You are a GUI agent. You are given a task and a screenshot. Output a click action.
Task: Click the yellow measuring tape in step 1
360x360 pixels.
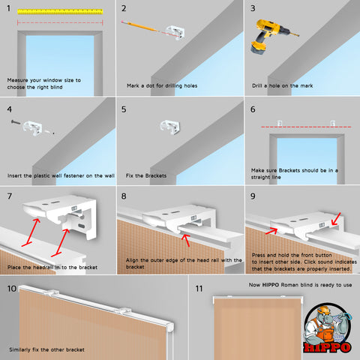pyautogui.click(x=60, y=11)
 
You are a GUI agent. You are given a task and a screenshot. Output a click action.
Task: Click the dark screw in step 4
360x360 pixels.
pyautogui.click(x=16, y=122)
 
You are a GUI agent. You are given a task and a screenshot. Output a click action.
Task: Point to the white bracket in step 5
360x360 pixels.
pyautogui.click(x=170, y=127)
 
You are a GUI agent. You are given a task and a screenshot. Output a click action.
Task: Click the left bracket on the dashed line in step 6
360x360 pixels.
pyautogui.click(x=280, y=123)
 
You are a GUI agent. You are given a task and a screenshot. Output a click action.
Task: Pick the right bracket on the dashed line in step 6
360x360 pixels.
pyautogui.click(x=332, y=123)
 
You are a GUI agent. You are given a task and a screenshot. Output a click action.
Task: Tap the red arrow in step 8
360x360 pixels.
pyautogui.click(x=186, y=240)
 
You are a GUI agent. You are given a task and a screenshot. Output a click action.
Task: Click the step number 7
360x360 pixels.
pyautogui.click(x=10, y=196)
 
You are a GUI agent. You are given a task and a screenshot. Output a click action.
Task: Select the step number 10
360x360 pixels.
pyautogui.click(x=12, y=289)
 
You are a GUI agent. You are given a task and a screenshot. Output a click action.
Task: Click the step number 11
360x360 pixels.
pyautogui.click(x=199, y=289)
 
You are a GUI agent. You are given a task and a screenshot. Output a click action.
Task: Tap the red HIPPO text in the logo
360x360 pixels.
pyautogui.click(x=327, y=347)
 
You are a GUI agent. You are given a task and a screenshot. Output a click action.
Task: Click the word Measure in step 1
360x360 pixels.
pyautogui.click(x=17, y=80)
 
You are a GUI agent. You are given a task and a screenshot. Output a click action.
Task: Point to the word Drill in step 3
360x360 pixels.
pyautogui.click(x=257, y=85)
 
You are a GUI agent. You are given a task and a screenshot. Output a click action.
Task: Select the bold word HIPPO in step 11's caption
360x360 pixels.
pyautogui.click(x=271, y=285)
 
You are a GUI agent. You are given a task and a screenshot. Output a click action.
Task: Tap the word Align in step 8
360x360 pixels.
pyautogui.click(x=132, y=260)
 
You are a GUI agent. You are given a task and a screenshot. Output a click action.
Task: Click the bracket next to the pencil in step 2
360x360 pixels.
pyautogui.click(x=175, y=32)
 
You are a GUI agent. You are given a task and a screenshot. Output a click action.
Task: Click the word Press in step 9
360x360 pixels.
pyautogui.click(x=258, y=255)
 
